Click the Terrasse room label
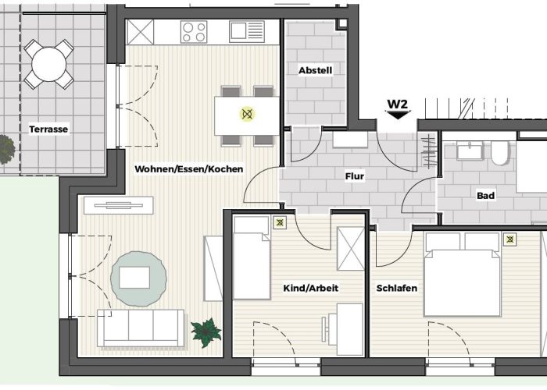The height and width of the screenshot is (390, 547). tap(49, 129)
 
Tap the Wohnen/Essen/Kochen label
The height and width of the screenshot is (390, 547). tap(189, 168)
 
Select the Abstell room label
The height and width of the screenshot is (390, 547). tap(316, 70)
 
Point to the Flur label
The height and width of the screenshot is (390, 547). tap(354, 176)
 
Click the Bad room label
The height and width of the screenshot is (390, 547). tap(486, 196)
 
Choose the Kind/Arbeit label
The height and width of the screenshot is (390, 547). tap(311, 288)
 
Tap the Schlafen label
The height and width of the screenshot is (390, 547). tap(397, 288)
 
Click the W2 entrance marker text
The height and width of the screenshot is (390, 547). tap(398, 104)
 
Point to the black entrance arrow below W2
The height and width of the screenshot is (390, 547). tap(399, 115)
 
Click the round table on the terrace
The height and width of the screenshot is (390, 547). tap(49, 64)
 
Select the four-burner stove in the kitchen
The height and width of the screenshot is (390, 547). tap(194, 32)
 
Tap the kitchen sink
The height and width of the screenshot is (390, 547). tap(247, 32)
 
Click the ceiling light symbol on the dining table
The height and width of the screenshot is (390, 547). tap(247, 115)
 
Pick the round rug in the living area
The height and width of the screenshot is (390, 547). tap(138, 277)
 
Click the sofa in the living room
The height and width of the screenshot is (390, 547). tap(141, 328)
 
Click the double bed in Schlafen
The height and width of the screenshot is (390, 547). tap(461, 273)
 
